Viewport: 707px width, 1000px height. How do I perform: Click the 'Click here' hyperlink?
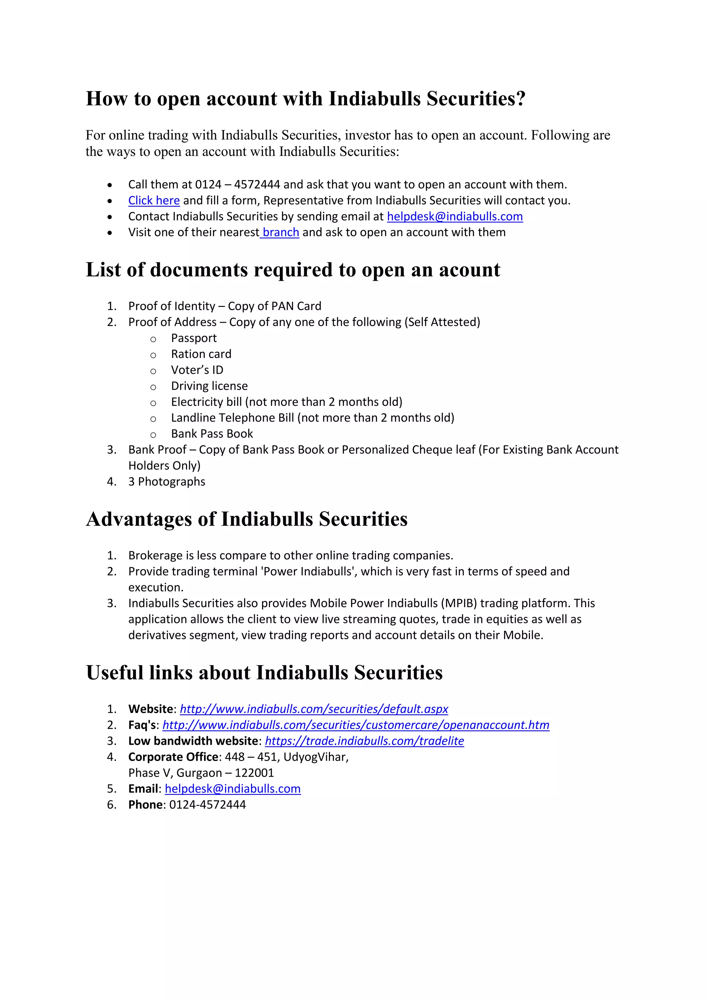point(154,200)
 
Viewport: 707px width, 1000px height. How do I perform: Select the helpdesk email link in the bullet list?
point(455,217)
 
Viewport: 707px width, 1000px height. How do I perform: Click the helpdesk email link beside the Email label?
point(232,789)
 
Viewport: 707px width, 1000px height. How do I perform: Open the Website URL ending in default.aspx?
point(314,709)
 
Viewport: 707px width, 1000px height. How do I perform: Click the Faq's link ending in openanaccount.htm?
point(356,725)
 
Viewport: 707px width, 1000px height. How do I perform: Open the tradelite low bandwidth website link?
point(365,741)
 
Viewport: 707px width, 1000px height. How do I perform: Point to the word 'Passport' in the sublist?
point(194,338)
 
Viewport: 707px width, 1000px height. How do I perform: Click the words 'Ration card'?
point(201,354)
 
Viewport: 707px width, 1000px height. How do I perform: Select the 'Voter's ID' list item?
point(197,370)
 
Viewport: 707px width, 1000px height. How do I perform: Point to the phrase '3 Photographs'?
point(167,482)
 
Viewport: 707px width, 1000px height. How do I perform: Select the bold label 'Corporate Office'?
point(173,757)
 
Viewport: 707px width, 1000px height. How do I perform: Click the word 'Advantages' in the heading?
point(139,519)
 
